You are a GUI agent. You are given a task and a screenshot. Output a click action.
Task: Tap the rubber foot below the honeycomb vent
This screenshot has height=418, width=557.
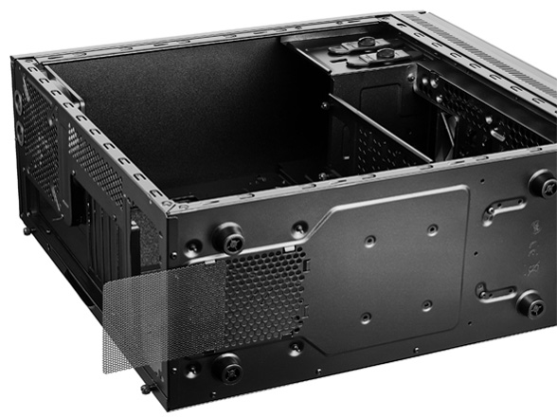pyautogui.click(x=228, y=365)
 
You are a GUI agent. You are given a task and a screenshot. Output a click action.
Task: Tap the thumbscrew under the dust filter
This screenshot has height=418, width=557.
pyautogui.click(x=146, y=388)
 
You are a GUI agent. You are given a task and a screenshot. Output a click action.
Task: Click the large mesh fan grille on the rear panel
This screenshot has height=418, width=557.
pyautogui.click(x=38, y=142)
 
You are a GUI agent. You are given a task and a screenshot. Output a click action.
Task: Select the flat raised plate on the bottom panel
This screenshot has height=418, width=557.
pyautogui.click(x=398, y=265)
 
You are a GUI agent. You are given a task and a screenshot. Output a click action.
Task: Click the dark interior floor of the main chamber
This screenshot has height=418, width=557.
pyautogui.click(x=189, y=114)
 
